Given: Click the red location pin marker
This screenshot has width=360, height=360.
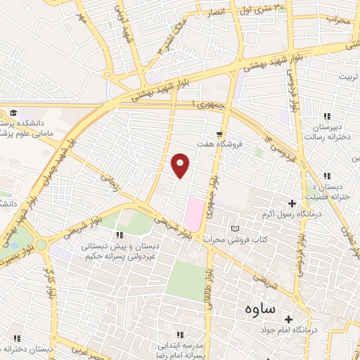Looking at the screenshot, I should pos(181,165).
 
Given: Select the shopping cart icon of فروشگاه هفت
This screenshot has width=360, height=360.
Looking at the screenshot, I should pos(220,133).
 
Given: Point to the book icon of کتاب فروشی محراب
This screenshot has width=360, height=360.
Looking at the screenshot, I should pos(235,229).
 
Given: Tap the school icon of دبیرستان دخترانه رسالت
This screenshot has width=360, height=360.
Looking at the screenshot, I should pos(326,116).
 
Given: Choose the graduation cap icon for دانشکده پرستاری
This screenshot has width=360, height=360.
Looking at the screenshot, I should pos(13,112).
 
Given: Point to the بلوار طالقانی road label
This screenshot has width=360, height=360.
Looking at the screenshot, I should pos(209,280).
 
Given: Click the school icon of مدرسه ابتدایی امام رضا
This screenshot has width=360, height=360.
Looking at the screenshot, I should pos(179,335).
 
